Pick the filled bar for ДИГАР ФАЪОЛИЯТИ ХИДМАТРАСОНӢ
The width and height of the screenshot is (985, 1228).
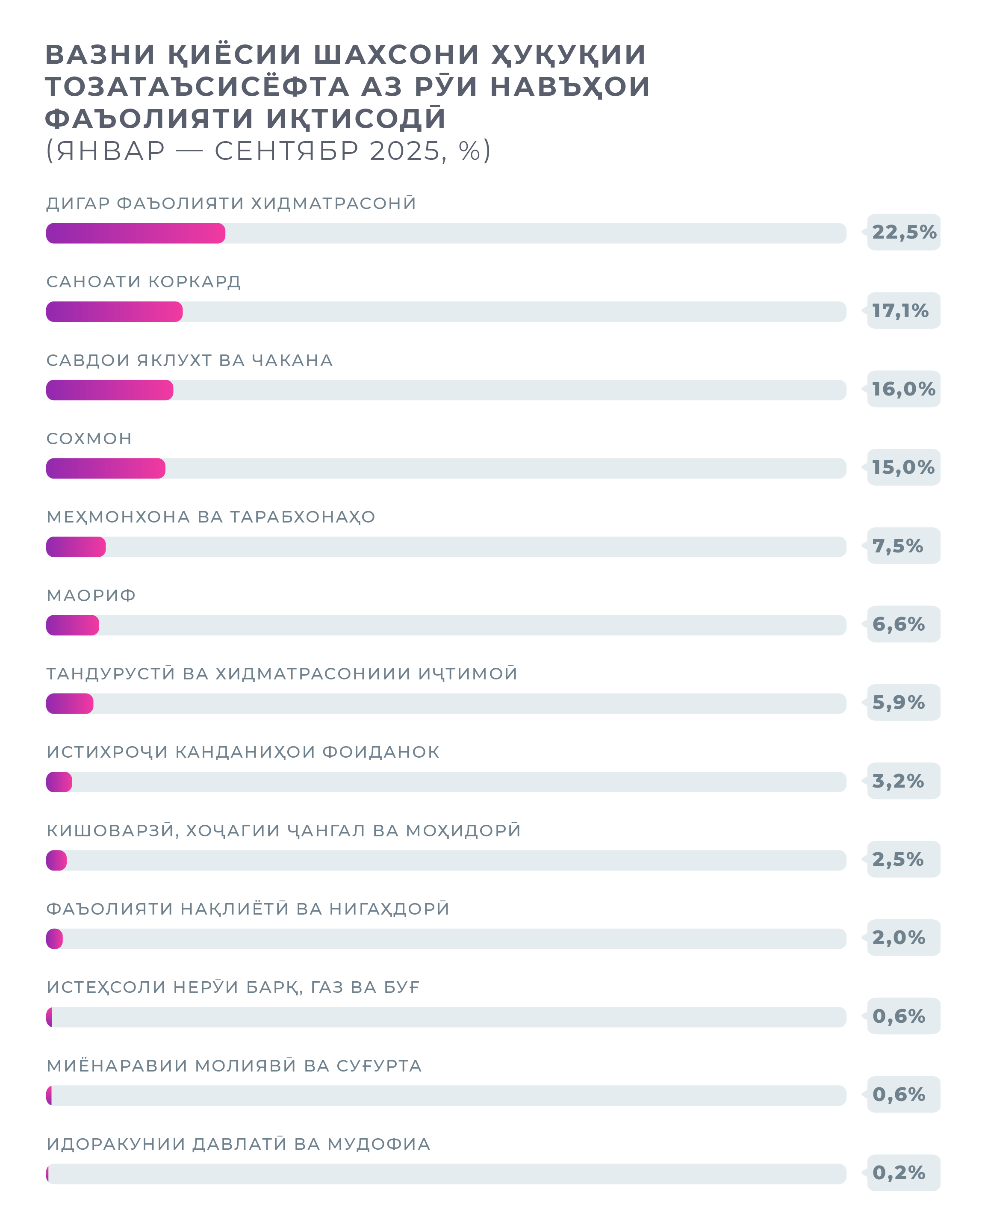pyautogui.click(x=136, y=233)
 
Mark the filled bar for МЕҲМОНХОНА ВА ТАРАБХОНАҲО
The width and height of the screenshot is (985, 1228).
pyautogui.click(x=76, y=547)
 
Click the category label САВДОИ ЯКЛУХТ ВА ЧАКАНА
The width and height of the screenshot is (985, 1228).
pyautogui.click(x=189, y=360)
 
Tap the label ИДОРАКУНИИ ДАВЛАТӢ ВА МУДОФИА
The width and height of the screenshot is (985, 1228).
pyautogui.click(x=239, y=1144)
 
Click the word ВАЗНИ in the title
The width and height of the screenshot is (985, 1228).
pyautogui.click(x=100, y=55)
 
